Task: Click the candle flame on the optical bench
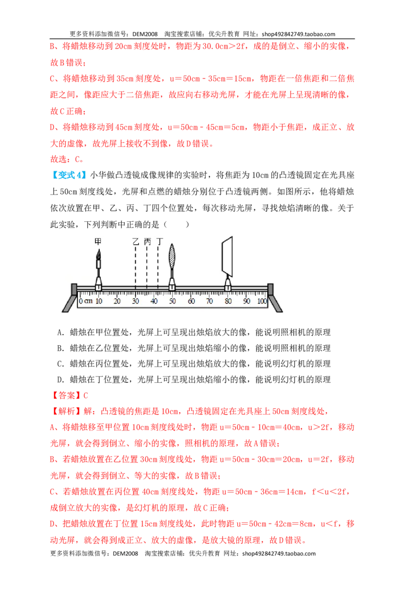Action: pyautogui.click(x=98, y=255)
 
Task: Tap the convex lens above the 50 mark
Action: pyautogui.click(x=172, y=256)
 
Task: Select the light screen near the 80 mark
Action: pyautogui.click(x=227, y=257)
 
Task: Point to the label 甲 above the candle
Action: pyautogui.click(x=98, y=241)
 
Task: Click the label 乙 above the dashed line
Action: pyautogui.click(x=135, y=241)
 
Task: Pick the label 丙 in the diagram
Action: pyautogui.click(x=147, y=241)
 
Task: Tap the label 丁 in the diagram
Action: pyautogui.click(x=159, y=241)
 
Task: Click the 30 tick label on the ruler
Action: pyautogui.click(x=135, y=301)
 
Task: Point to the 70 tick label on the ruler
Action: pyautogui.click(x=210, y=301)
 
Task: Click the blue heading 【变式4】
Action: pyautogui.click(x=68, y=175)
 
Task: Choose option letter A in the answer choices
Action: pyautogui.click(x=61, y=333)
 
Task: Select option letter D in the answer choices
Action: pyautogui.click(x=61, y=380)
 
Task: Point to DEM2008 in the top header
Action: pyautogui.click(x=145, y=34)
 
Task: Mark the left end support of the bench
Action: pyautogui.click(x=70, y=298)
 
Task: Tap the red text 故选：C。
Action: pyautogui.click(x=67, y=160)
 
